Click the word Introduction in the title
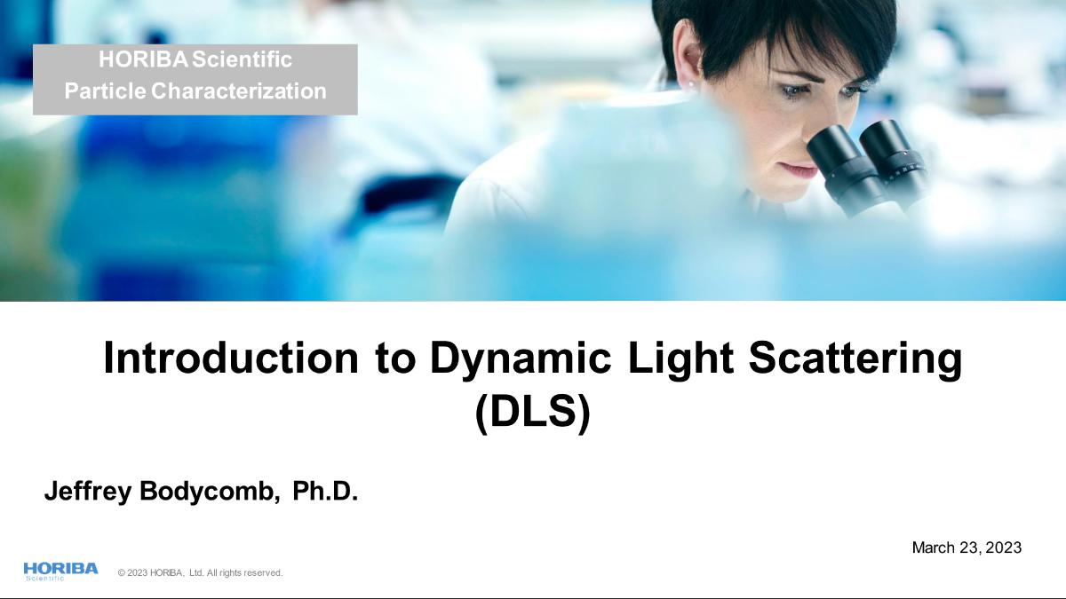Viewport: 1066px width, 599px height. tap(231, 358)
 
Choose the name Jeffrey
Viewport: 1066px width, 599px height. tap(88, 491)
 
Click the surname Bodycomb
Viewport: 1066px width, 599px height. tap(210, 491)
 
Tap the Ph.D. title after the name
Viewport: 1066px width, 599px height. tap(325, 491)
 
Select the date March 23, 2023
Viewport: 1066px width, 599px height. tap(967, 548)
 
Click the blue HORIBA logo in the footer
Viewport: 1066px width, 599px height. tap(61, 571)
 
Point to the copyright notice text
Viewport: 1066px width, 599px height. tap(201, 573)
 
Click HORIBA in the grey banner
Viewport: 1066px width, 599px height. tap(143, 59)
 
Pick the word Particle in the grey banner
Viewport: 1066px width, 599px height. tap(105, 91)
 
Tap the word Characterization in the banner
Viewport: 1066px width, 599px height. tap(239, 91)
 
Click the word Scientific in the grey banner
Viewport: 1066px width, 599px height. tap(242, 59)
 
